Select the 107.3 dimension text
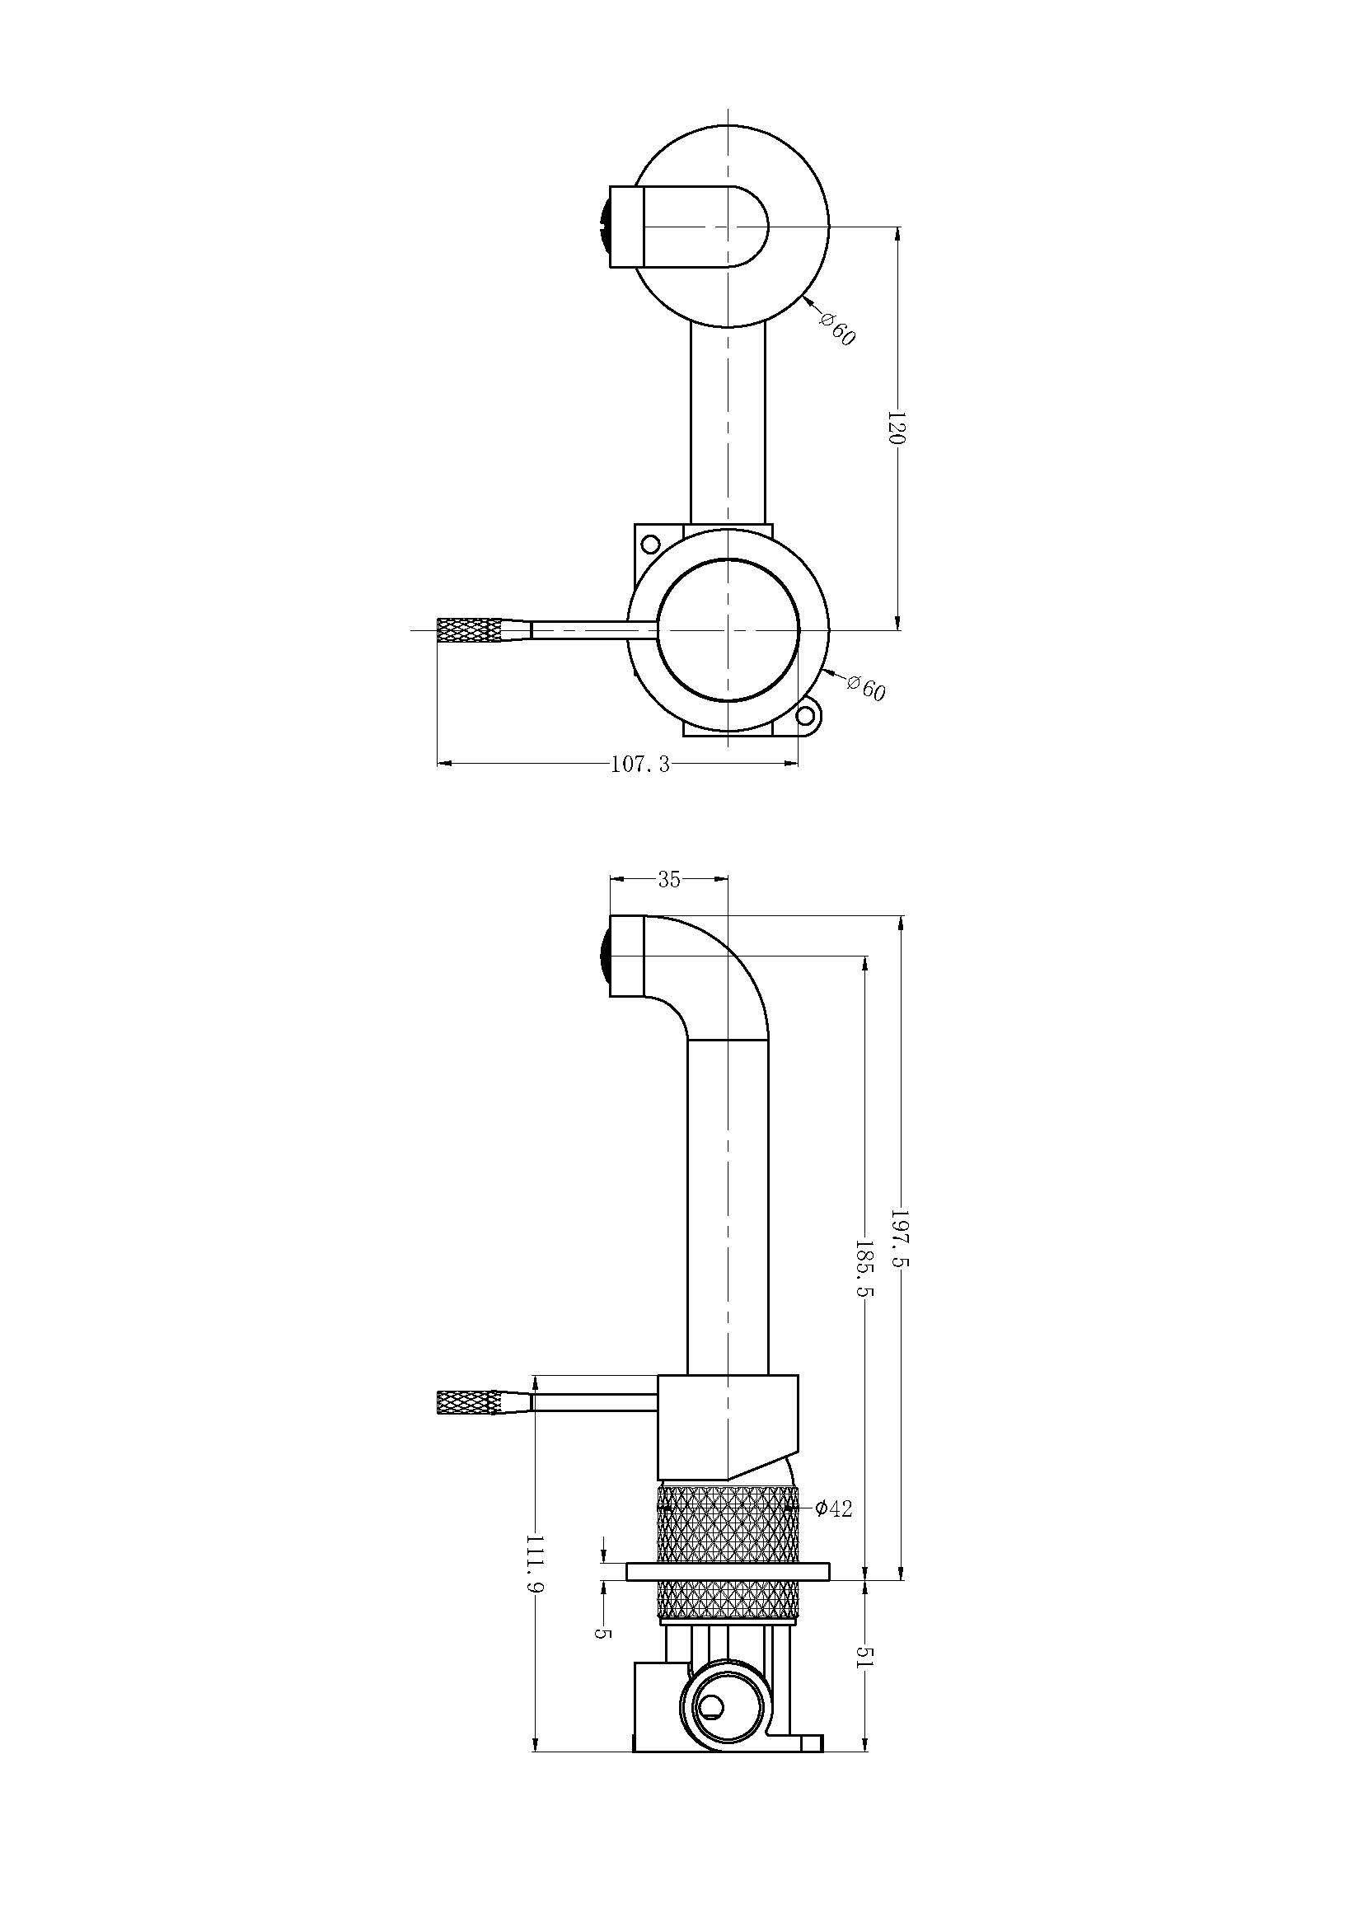coord(640,765)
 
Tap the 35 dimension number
coord(669,880)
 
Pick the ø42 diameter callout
coord(833,1509)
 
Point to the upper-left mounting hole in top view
coord(649,544)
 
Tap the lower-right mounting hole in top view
coord(805,716)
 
